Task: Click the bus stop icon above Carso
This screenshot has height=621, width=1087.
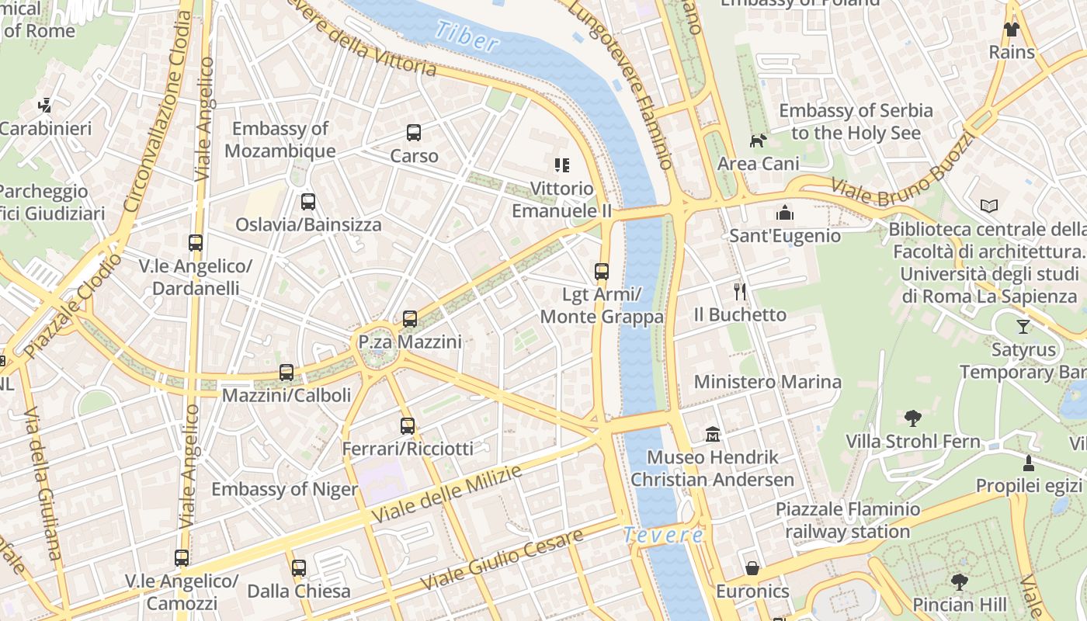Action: pyautogui.click(x=414, y=133)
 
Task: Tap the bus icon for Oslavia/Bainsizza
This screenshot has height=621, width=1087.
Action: pyautogui.click(x=308, y=202)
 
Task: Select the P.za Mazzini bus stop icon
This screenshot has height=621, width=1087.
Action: pyautogui.click(x=410, y=318)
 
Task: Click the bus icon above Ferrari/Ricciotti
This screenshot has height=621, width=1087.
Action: pyautogui.click(x=408, y=425)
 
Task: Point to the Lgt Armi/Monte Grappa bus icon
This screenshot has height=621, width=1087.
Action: pyautogui.click(x=602, y=272)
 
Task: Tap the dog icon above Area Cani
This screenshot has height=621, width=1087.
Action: pyautogui.click(x=758, y=141)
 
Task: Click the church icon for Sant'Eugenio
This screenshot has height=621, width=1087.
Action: pyautogui.click(x=785, y=213)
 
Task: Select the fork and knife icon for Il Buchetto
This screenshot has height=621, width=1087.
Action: pyautogui.click(x=740, y=292)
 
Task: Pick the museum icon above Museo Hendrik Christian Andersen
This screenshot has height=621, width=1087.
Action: pyautogui.click(x=712, y=434)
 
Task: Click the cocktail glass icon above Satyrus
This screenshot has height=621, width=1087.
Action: pyautogui.click(x=1023, y=326)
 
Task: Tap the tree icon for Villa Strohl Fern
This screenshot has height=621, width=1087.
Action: pyautogui.click(x=913, y=418)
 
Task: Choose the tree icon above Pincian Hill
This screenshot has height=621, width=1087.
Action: pyautogui.click(x=960, y=581)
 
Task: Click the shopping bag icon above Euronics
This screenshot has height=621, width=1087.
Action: pyautogui.click(x=752, y=568)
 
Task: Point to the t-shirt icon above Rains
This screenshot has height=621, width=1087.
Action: pyautogui.click(x=1011, y=29)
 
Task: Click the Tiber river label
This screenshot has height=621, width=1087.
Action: pyautogui.click(x=467, y=36)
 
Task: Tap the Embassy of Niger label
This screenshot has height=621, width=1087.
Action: pyautogui.click(x=284, y=489)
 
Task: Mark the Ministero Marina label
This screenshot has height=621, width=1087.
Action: pyautogui.click(x=767, y=382)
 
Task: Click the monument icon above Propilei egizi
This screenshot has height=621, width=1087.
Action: pyautogui.click(x=1029, y=463)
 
